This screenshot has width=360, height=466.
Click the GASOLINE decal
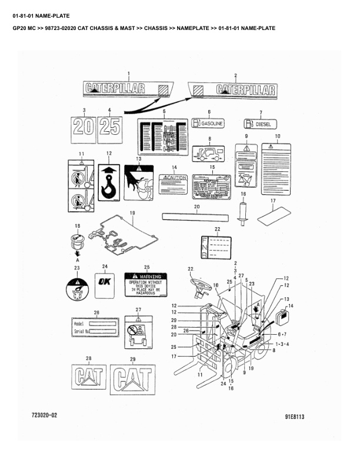pos(208,124)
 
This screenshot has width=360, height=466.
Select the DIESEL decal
pos(261,124)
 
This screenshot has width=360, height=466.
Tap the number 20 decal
pos(84,127)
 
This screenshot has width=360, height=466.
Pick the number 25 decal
pos(110,127)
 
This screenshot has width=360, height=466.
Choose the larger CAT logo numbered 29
pos(132,376)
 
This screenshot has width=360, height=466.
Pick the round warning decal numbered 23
pos(76,290)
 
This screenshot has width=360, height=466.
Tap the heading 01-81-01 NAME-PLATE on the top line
pos(37,8)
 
